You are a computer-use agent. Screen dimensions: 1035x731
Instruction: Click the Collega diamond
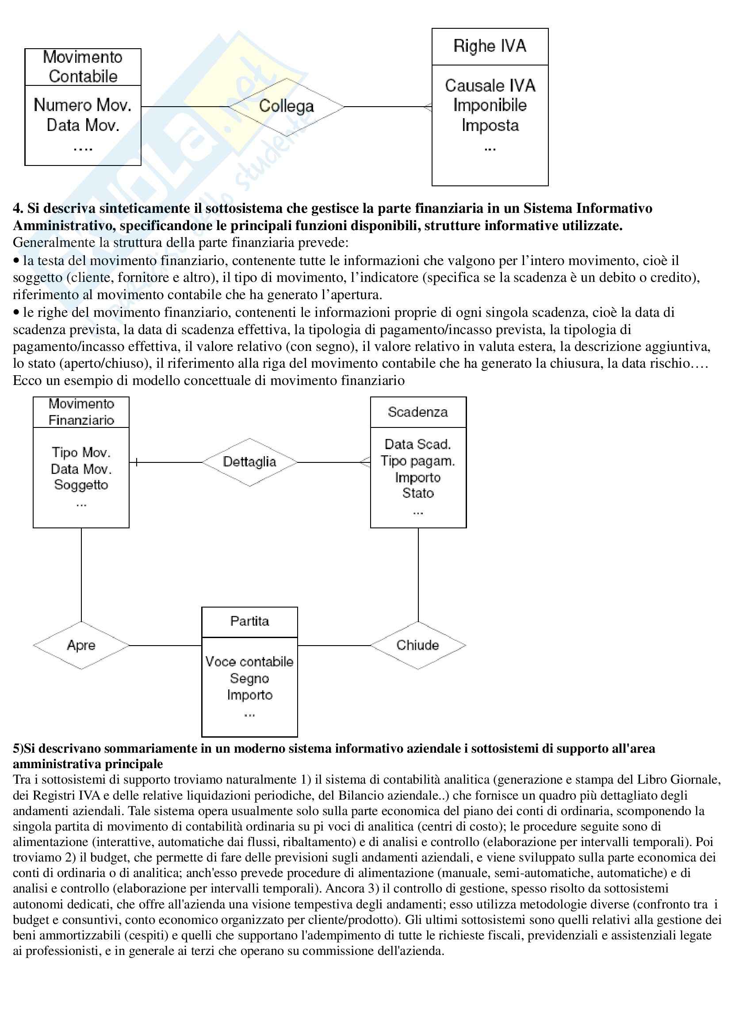click(286, 107)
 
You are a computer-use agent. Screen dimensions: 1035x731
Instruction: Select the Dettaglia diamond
click(249, 462)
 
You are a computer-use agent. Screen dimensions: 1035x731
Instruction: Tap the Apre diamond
click(81, 645)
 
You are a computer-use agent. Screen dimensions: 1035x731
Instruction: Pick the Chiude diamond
click(417, 645)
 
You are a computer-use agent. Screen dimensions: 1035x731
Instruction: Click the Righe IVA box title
click(490, 46)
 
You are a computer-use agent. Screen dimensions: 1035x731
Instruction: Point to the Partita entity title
click(249, 621)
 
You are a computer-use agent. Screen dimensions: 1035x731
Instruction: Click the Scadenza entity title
click(417, 412)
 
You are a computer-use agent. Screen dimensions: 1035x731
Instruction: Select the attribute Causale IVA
click(490, 86)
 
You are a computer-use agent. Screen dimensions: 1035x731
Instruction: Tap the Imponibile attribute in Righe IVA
click(490, 105)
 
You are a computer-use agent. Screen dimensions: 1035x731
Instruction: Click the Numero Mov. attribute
click(82, 105)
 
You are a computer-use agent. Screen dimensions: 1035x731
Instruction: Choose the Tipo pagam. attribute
click(417, 461)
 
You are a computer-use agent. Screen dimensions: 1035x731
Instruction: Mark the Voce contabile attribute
click(249, 662)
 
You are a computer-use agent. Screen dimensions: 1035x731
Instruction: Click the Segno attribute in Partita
click(249, 678)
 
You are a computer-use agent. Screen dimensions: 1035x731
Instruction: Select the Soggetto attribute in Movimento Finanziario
click(81, 485)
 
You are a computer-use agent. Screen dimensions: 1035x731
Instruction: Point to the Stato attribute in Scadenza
click(417, 493)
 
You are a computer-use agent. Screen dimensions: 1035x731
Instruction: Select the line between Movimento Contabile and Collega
click(185, 107)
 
